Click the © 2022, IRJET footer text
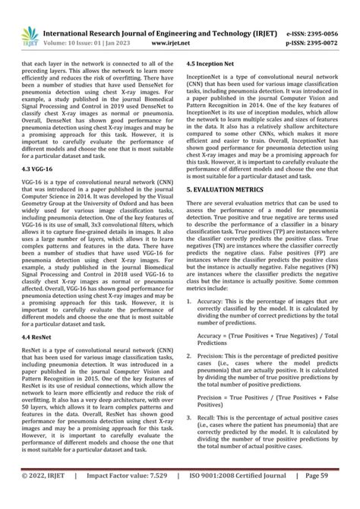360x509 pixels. (46, 495)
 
